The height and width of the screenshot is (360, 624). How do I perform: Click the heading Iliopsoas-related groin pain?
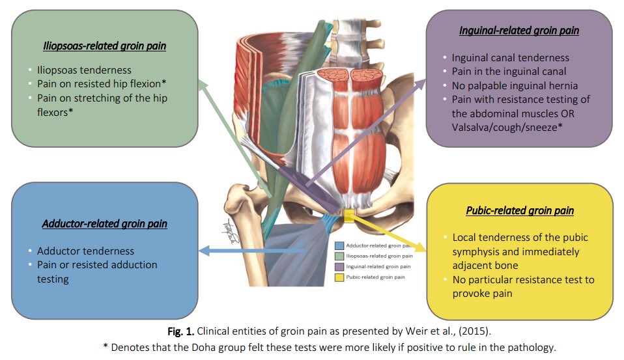(x=104, y=46)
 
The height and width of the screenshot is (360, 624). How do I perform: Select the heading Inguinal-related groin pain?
(x=518, y=31)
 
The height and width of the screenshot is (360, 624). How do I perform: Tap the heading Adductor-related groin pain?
(x=104, y=224)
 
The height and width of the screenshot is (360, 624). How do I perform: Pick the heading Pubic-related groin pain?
(x=519, y=210)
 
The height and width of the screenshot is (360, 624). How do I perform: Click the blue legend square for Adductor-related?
(x=339, y=246)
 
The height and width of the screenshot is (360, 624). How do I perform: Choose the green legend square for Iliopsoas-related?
(x=339, y=256)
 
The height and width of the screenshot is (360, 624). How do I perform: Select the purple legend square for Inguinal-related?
(x=339, y=267)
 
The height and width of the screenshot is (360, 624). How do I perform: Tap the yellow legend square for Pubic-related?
(x=339, y=277)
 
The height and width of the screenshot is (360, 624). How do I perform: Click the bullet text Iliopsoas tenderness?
(x=84, y=70)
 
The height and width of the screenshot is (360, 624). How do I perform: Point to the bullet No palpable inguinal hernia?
(x=515, y=85)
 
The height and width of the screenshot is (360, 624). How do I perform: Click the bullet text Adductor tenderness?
(x=85, y=251)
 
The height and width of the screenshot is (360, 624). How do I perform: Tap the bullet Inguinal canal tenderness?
(x=510, y=58)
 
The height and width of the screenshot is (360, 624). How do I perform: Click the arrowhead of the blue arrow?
(x=201, y=250)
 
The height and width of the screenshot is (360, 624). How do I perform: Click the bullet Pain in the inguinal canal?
(x=509, y=72)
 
